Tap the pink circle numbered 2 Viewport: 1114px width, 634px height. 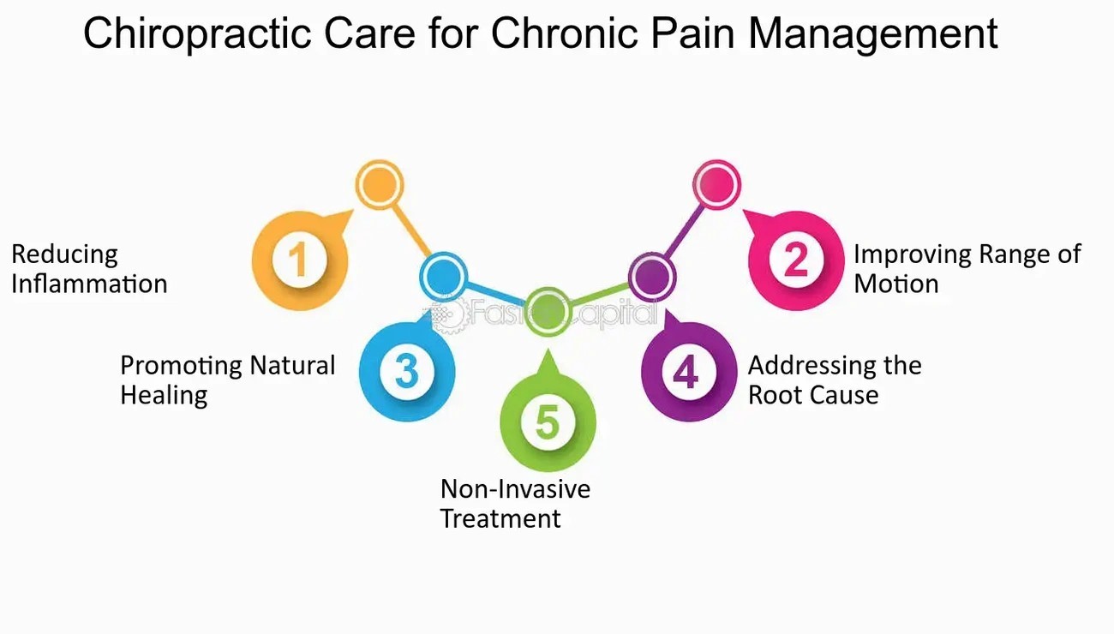[796, 260]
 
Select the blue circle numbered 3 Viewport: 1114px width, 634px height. [406, 371]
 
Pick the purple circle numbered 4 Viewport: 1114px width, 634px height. [687, 373]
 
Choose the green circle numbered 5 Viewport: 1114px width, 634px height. [547, 422]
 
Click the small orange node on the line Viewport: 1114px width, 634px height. [379, 183]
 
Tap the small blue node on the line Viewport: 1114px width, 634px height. [443, 276]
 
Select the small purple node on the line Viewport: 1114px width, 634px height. [652, 276]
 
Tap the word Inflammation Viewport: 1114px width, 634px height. [89, 284]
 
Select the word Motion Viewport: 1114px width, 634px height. [895, 284]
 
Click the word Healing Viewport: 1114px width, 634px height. [164, 395]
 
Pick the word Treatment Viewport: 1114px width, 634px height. [500, 518]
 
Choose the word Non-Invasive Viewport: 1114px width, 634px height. [515, 489]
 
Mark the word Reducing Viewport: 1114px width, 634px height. [64, 254]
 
